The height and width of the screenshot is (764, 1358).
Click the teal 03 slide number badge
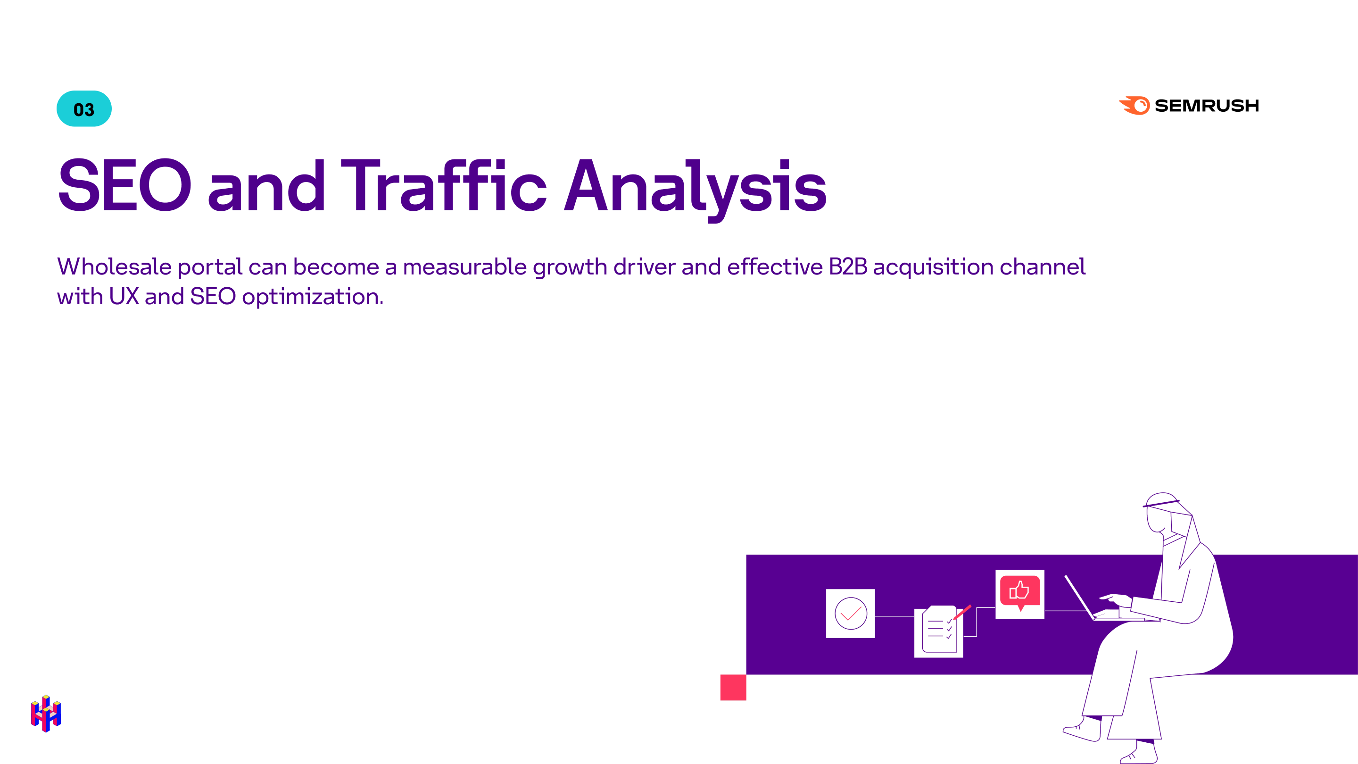click(x=84, y=108)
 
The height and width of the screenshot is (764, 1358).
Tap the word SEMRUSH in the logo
click(x=1206, y=106)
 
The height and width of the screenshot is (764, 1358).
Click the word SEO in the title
click(x=124, y=186)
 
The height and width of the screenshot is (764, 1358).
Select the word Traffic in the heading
click(x=444, y=186)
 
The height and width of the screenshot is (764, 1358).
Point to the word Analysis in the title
click(x=695, y=187)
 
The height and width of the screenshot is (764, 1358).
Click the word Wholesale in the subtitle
click(x=114, y=267)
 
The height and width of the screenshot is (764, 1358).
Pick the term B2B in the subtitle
click(x=848, y=267)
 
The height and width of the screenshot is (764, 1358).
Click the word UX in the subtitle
click(x=124, y=297)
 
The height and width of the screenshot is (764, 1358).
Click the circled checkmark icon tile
click(x=850, y=613)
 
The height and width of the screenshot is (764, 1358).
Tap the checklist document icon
click(x=938, y=631)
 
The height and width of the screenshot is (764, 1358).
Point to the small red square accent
click(x=733, y=687)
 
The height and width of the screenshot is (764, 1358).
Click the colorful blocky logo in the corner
click(x=46, y=714)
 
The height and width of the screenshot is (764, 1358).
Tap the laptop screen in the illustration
click(x=1079, y=598)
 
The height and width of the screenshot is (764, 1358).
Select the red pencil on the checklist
click(x=962, y=612)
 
